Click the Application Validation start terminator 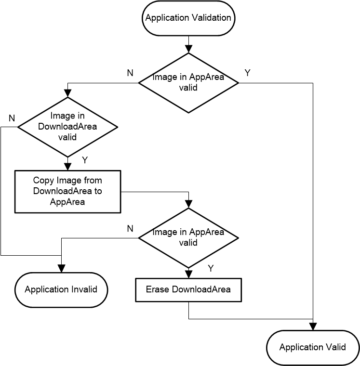coord(188,18)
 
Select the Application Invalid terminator coord(61,289)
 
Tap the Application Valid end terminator coord(313,347)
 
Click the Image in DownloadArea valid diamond coord(68,127)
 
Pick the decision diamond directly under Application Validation coord(188,83)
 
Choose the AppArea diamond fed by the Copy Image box coord(188,237)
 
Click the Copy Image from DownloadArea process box coord(67,191)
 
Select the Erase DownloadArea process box coord(188,289)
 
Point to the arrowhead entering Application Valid coord(313,327)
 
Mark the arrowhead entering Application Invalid coord(61,269)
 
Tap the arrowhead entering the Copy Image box coord(68,166)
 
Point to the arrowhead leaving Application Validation coord(188,49)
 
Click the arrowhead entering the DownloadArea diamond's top coord(68,93)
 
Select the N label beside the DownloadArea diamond coord(12,118)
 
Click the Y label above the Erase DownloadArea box coord(211,268)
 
